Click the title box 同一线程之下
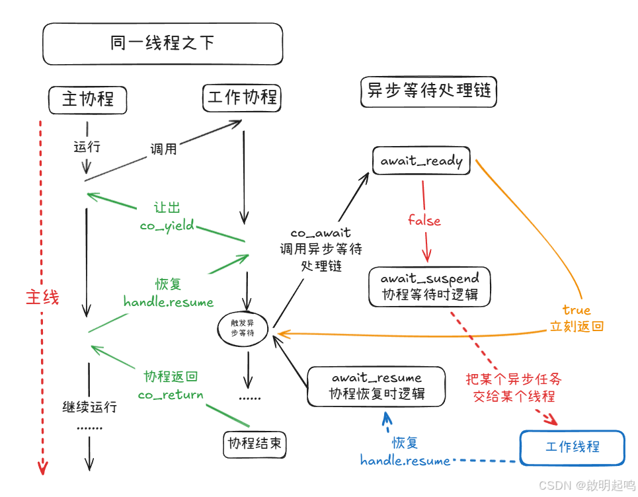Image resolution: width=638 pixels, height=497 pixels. click(x=163, y=44)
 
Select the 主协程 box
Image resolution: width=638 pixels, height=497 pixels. click(x=88, y=99)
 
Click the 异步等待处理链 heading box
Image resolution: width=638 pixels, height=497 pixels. click(x=429, y=91)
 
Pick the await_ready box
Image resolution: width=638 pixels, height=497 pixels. click(x=421, y=161)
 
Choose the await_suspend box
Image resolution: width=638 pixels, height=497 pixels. click(x=430, y=286)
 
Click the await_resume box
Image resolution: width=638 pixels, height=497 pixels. click(x=376, y=386)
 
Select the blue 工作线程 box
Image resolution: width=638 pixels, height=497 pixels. click(x=572, y=447)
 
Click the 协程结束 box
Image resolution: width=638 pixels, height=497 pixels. click(x=255, y=443)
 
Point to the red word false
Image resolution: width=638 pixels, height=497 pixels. click(x=424, y=221)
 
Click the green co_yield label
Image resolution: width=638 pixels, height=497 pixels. click(x=167, y=225)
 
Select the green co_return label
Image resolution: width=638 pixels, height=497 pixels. click(x=171, y=395)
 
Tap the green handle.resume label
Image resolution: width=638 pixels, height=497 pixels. click(x=169, y=302)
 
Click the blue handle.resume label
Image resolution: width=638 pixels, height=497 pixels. click(x=405, y=461)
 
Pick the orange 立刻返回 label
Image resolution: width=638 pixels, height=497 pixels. click(x=577, y=326)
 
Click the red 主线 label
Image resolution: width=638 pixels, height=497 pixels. click(x=42, y=297)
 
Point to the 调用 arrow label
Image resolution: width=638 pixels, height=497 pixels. click(x=163, y=149)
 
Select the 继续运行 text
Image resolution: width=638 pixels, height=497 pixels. click(x=89, y=406)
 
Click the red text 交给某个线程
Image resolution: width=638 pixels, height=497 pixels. click(x=514, y=397)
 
